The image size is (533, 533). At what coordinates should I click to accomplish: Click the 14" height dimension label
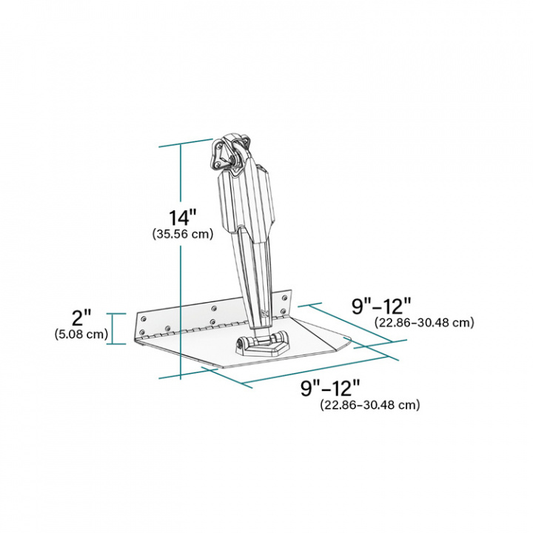coord(182,218)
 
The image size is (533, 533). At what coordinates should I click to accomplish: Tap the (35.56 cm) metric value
coord(182,234)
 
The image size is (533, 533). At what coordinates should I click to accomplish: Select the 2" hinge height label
coord(81,318)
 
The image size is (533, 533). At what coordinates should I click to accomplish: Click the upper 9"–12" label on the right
coord(381,305)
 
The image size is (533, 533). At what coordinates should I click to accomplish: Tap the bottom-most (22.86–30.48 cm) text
coord(370,405)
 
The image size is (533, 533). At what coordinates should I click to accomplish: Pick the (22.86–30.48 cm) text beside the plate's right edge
coord(424,322)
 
